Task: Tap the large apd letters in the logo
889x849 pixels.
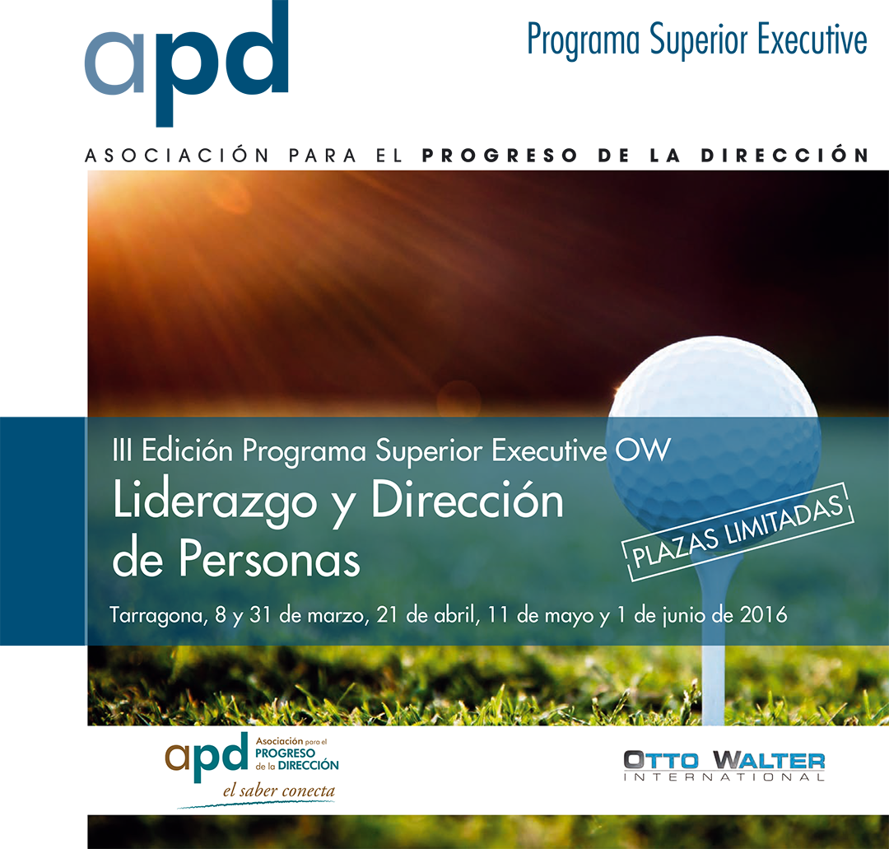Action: pyautogui.click(x=206, y=753)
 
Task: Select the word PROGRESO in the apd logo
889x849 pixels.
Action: pyautogui.click(x=285, y=753)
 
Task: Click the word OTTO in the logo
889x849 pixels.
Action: pyautogui.click(x=653, y=759)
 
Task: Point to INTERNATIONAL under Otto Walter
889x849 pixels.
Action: pyautogui.click(x=724, y=777)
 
